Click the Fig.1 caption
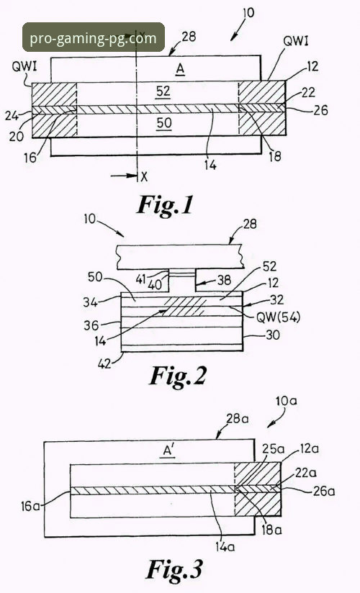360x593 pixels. pyautogui.click(x=165, y=205)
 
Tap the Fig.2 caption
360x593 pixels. pyautogui.click(x=178, y=376)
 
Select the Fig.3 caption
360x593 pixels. pyautogui.click(x=174, y=569)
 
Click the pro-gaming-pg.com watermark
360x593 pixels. pyautogui.click(x=93, y=37)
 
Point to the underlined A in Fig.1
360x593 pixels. pyautogui.click(x=180, y=69)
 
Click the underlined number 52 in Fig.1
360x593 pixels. pyautogui.click(x=163, y=91)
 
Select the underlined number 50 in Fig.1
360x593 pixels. pyautogui.click(x=163, y=122)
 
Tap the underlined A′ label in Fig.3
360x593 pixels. pyautogui.click(x=169, y=451)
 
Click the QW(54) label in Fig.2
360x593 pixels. pyautogui.click(x=278, y=317)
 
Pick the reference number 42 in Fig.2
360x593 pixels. pyautogui.click(x=105, y=363)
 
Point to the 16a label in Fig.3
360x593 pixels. pyautogui.click(x=31, y=506)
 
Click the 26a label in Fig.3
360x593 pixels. pyautogui.click(x=324, y=491)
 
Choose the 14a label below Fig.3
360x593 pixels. pyautogui.click(x=225, y=546)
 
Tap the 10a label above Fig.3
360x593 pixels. pyautogui.click(x=287, y=401)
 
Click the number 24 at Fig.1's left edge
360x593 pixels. pyautogui.click(x=12, y=115)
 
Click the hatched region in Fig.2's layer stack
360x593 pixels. pyautogui.click(x=186, y=307)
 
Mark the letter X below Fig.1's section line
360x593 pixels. pyautogui.click(x=144, y=176)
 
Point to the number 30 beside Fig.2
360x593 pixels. pyautogui.click(x=273, y=335)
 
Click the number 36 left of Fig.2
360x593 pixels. pyautogui.click(x=91, y=325)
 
